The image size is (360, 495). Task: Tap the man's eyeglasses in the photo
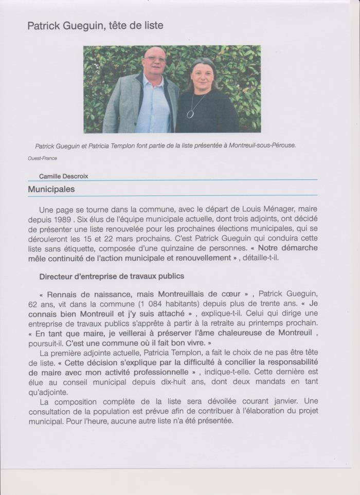coord(154,59)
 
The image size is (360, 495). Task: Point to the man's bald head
coord(154,51)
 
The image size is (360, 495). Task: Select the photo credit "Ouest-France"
coord(43,158)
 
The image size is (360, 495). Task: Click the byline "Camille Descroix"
coord(64,176)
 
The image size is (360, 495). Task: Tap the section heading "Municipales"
coord(51,189)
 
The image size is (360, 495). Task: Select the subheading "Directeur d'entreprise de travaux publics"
coord(112,276)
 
